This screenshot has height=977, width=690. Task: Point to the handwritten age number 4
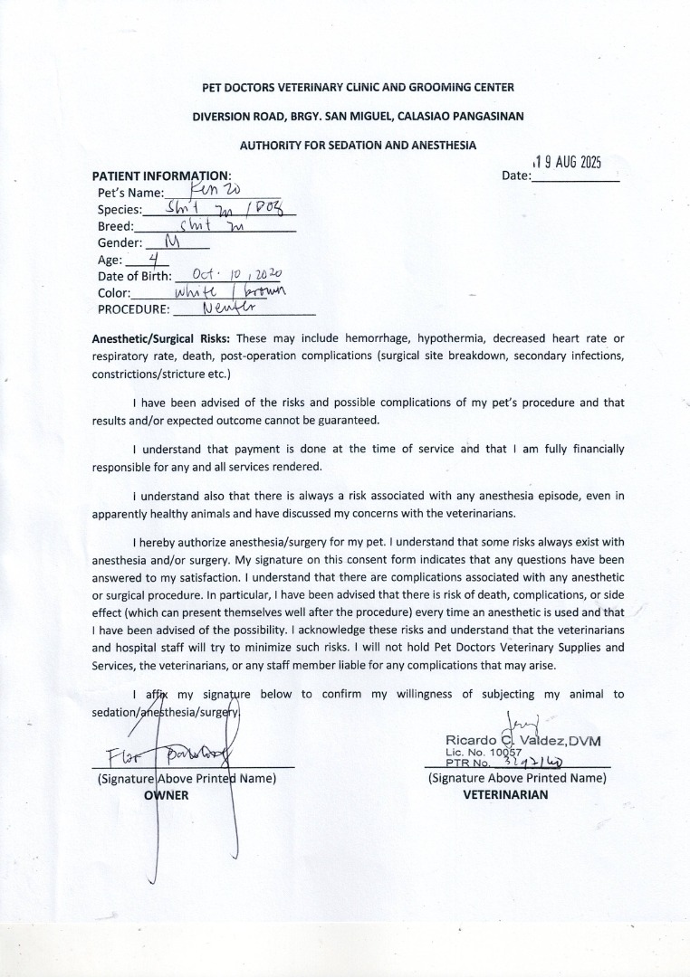[x=140, y=259]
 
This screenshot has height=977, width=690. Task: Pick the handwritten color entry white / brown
[x=229, y=291]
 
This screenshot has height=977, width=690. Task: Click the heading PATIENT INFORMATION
[x=162, y=175]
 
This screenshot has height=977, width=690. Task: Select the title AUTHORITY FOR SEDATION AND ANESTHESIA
[x=358, y=145]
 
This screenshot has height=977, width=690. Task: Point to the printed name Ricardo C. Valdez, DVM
[x=523, y=742]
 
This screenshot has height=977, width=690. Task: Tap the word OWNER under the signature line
[x=167, y=795]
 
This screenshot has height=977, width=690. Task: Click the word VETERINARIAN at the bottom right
[x=505, y=795]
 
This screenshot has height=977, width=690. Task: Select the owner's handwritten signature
[x=172, y=753]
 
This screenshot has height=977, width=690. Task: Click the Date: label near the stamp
[x=516, y=175]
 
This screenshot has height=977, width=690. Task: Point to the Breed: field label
[x=116, y=226]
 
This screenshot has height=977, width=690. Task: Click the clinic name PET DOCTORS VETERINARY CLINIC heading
[x=358, y=87]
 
